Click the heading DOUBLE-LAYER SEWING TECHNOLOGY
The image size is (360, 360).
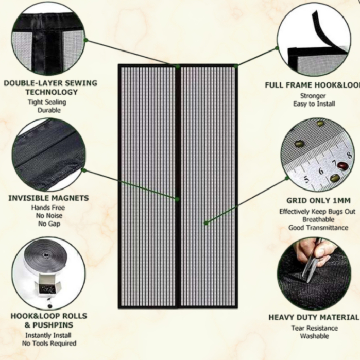[x=51, y=88]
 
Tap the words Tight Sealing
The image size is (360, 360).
[x=47, y=102]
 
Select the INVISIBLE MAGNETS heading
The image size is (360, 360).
[x=48, y=198]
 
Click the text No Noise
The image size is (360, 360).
[x=48, y=216]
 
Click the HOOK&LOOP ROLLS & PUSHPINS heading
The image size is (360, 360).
[x=49, y=320]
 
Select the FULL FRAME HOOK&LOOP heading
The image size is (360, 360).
[x=312, y=85]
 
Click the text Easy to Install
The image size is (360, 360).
[x=314, y=104]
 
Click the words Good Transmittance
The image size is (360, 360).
[x=318, y=228]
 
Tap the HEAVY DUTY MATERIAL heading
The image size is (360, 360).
[x=314, y=317]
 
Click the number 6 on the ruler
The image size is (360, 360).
[x=320, y=170]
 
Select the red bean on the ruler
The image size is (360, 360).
[x=342, y=166]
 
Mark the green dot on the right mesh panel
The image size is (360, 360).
[x=206, y=223]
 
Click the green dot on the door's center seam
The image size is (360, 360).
[x=177, y=199]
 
